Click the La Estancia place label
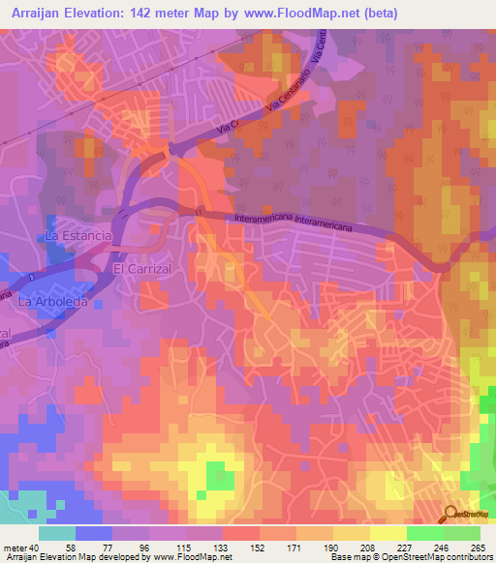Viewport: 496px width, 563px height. tap(80, 235)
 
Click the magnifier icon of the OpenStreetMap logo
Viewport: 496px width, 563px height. tap(450, 514)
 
